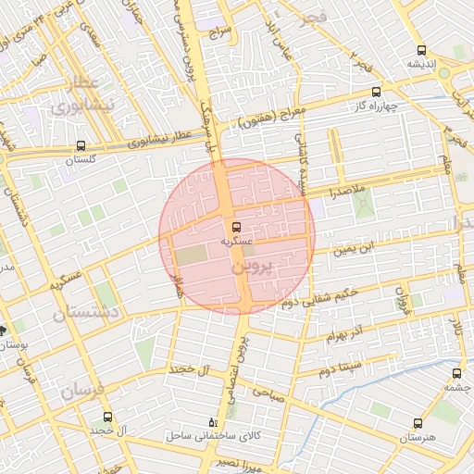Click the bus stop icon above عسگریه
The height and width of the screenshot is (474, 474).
coord(235,226)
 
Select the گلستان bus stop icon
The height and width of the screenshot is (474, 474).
coord(81,145)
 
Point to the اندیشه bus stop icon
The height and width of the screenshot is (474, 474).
coord(422,51)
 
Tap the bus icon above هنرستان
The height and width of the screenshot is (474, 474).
coord(416,422)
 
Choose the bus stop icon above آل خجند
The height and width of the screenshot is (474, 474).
coord(107,418)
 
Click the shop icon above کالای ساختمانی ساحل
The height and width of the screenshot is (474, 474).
coord(216,420)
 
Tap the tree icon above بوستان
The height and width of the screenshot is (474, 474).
coord(4,330)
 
